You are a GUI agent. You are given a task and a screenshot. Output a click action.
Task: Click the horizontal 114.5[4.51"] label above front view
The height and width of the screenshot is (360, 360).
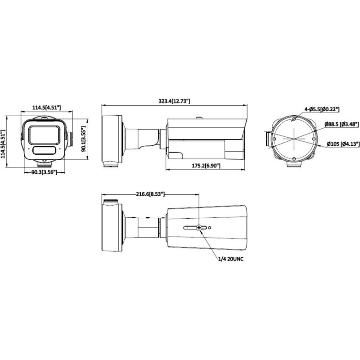coord(47,108)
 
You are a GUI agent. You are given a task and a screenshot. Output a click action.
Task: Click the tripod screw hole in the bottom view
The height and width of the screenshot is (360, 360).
coord(198,228)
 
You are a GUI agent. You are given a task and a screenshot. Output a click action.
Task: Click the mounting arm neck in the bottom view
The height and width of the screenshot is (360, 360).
coord(143,228)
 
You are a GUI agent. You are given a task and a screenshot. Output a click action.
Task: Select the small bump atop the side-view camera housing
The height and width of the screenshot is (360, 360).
coord(198,119)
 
